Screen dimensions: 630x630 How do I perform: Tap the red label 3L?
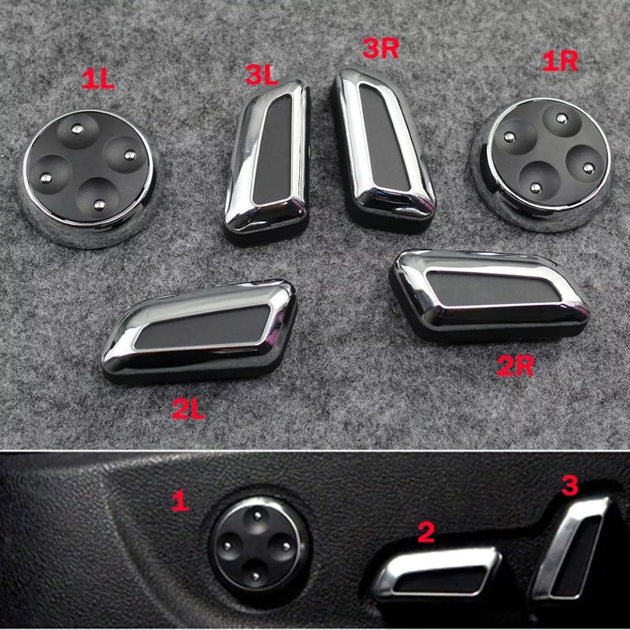click(x=262, y=75)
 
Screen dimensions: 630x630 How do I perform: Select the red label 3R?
click(x=380, y=48)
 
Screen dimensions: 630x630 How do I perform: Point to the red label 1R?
click(x=560, y=62)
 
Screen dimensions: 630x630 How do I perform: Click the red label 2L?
click(x=188, y=409)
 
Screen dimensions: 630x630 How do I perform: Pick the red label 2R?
click(x=515, y=366)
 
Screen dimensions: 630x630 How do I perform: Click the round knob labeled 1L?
click(x=89, y=178)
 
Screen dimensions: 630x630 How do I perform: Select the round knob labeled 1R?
click(x=543, y=164)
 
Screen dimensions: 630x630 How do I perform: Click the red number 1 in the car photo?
click(x=180, y=501)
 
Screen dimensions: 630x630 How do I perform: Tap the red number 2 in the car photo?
click(x=426, y=532)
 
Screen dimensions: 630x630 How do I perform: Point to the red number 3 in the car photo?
click(x=570, y=485)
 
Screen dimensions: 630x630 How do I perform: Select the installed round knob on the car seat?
click(x=257, y=545)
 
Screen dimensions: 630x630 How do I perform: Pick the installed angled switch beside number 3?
click(x=570, y=547)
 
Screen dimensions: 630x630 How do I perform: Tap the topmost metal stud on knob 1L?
click(x=77, y=129)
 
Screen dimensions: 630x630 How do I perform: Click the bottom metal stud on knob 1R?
click(x=535, y=187)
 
